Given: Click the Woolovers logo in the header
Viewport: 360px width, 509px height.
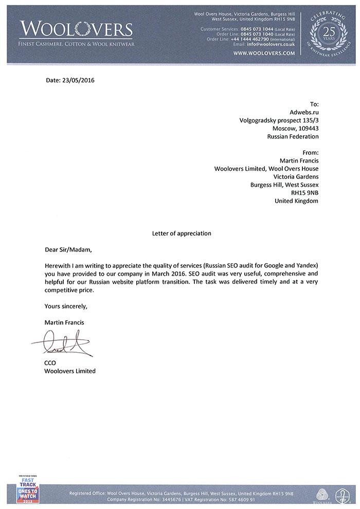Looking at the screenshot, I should pos(76,32).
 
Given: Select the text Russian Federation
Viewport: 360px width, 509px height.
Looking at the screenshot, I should pos(293,137).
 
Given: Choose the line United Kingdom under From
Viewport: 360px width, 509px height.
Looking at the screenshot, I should pos(297,201).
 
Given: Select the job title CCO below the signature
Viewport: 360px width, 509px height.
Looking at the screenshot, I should pos(50,363).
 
